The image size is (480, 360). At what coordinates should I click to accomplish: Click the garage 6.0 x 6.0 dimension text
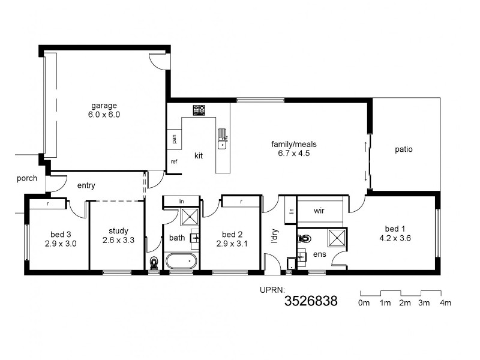pyautogui.click(x=105, y=114)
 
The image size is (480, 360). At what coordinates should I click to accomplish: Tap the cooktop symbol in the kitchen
pyautogui.click(x=199, y=110)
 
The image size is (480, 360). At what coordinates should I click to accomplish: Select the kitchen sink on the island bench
pyautogui.click(x=223, y=138)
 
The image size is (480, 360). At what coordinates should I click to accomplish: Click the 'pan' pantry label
pyautogui.click(x=173, y=138)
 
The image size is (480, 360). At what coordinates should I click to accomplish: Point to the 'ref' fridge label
pyautogui.click(x=174, y=161)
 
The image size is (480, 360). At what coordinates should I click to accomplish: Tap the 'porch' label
pyautogui.click(x=27, y=178)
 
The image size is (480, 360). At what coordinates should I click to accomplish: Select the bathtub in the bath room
pyautogui.click(x=181, y=262)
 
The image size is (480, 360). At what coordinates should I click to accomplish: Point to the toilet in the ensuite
pyautogui.click(x=303, y=238)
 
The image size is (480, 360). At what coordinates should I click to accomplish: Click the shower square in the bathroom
pyautogui.click(x=190, y=217)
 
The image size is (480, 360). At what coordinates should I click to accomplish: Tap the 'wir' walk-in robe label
pyautogui.click(x=319, y=211)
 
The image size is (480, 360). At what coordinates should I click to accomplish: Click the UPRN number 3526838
pyautogui.click(x=310, y=301)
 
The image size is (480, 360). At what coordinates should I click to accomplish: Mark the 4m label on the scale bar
pyautogui.click(x=445, y=303)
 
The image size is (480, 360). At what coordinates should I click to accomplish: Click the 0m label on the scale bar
pyautogui.click(x=364, y=303)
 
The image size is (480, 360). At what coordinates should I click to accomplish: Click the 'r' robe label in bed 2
pyautogui.click(x=241, y=202)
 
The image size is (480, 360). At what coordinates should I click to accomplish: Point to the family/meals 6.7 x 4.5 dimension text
pyautogui.click(x=294, y=153)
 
